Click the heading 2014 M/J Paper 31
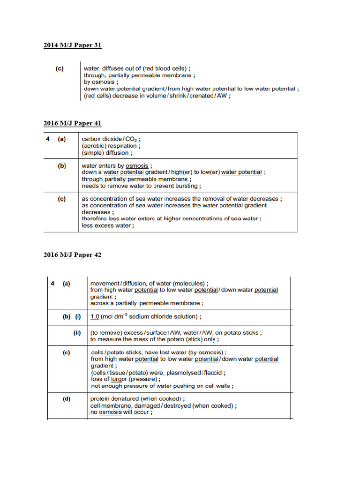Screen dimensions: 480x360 pyautogui.click(x=72, y=45)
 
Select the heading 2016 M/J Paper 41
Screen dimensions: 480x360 pyautogui.click(x=72, y=123)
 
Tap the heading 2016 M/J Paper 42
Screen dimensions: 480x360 pyautogui.click(x=72, y=255)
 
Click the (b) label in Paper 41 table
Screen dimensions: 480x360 pyautogui.click(x=62, y=165)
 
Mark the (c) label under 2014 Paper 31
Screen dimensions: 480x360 pyautogui.click(x=60, y=68)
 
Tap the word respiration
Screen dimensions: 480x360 pyautogui.click(x=123, y=146)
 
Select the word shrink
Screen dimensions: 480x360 pyautogui.click(x=173, y=96)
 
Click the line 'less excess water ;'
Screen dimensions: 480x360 pyautogui.click(x=108, y=225)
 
